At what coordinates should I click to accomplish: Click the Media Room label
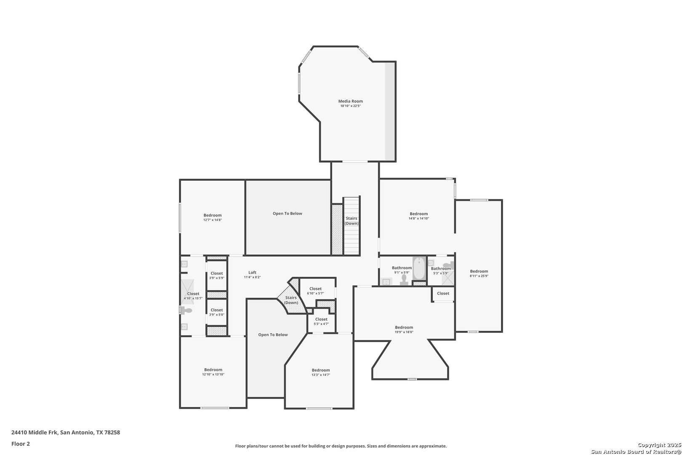point(350,101)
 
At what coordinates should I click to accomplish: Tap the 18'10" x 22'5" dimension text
point(350,106)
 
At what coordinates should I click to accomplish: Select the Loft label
point(252,273)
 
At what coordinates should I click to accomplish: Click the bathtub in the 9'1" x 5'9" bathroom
point(419,268)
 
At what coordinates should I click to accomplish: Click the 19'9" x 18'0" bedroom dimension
point(404,332)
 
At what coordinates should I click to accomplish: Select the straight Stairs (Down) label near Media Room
point(352,221)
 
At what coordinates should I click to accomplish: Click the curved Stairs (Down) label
point(291,300)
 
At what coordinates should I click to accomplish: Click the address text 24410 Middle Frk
point(35,432)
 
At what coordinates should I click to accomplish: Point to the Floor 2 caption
point(21,444)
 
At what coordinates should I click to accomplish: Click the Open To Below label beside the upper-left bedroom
point(288,214)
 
